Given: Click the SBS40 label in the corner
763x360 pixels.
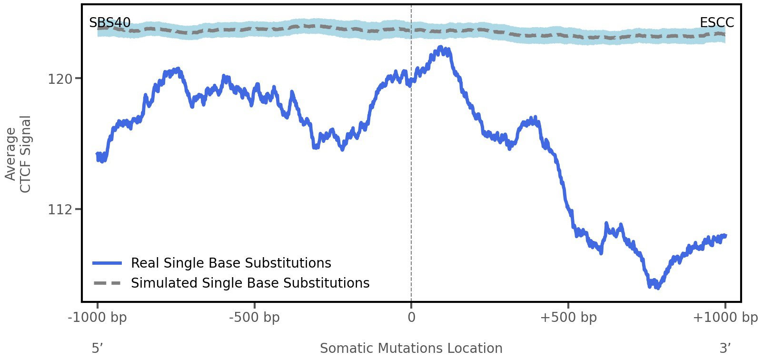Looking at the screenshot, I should tap(109, 22).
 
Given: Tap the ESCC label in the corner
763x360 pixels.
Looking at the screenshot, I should tap(716, 22).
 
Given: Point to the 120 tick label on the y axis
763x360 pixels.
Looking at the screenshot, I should tap(60, 79).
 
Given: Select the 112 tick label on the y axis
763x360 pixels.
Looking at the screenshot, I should tap(60, 209).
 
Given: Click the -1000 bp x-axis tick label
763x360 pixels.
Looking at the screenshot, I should tap(98, 317).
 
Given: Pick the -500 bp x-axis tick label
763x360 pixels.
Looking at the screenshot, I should tap(255, 317).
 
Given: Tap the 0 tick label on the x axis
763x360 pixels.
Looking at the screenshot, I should tap(411, 317).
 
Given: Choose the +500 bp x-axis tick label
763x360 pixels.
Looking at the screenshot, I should tap(568, 317).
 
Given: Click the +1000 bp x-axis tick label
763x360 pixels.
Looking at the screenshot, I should tap(725, 317).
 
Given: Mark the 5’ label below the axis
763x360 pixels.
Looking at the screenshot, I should tap(98, 348).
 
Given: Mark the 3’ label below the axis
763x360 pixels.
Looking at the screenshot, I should tap(725, 348).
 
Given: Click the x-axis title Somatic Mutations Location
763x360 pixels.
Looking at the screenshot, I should tap(411, 348).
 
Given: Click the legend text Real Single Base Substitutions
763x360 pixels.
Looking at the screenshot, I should tap(231, 263).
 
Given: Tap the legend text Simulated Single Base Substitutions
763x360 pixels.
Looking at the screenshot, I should tap(250, 283).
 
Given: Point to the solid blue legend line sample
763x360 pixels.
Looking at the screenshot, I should tap(108, 263).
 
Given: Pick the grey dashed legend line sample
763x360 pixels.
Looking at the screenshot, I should tap(108, 283).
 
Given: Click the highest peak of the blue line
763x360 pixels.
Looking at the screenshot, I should tap(442, 48).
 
